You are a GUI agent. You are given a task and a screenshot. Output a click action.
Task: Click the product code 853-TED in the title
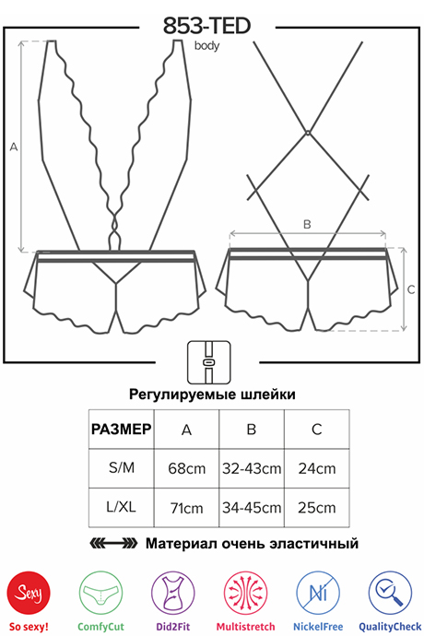click(206, 26)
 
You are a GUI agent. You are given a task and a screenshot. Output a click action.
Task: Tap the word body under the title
click(206, 46)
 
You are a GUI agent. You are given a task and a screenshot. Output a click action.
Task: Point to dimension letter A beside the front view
click(14, 147)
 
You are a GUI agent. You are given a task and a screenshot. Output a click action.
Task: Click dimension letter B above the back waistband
click(307, 224)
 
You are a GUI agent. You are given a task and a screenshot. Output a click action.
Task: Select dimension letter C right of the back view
click(411, 289)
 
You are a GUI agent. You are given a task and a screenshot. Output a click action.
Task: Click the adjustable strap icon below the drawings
click(209, 362)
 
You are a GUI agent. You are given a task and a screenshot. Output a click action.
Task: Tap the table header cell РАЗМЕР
click(122, 430)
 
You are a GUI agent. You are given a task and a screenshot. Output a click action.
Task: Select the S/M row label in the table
click(122, 467)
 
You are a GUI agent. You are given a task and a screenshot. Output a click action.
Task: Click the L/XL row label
click(122, 507)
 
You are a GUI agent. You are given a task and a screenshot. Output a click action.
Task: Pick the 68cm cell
click(186, 468)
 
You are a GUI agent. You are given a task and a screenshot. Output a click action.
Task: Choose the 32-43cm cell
click(252, 468)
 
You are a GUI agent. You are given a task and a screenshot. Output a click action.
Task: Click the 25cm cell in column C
click(317, 508)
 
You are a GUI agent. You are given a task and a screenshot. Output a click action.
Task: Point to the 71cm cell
click(186, 508)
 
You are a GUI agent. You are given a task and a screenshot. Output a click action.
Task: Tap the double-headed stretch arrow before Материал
click(113, 543)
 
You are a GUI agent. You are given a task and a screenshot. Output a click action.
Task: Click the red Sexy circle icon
click(29, 593)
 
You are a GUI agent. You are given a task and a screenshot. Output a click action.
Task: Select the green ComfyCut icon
click(100, 593)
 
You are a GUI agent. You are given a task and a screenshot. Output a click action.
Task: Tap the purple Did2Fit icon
click(173, 593)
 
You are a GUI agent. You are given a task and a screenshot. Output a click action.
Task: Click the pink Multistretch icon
click(245, 593)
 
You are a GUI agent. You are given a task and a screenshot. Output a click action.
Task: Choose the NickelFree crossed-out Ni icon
click(318, 593)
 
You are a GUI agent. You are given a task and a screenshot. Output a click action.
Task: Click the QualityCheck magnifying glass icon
click(390, 593)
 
